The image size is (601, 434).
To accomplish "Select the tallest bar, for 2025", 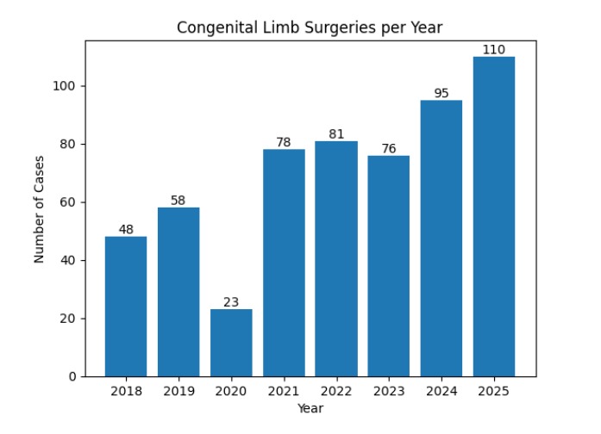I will pyautogui.click(x=494, y=216).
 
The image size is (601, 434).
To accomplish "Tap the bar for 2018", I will pyautogui.click(x=126, y=307).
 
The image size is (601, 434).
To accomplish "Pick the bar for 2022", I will pyautogui.click(x=336, y=258).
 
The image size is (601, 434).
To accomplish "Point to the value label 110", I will pyautogui.click(x=494, y=50).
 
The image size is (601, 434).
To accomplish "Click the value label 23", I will pyautogui.click(x=231, y=302).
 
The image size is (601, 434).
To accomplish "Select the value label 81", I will pyautogui.click(x=336, y=134).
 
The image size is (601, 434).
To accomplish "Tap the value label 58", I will pyautogui.click(x=178, y=201).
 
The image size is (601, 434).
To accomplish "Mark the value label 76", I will pyautogui.click(x=389, y=149).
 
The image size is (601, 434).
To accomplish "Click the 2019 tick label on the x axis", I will pyautogui.click(x=178, y=392).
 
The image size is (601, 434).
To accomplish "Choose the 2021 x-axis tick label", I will pyautogui.click(x=284, y=392).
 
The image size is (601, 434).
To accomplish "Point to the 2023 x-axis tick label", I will pyautogui.click(x=389, y=392).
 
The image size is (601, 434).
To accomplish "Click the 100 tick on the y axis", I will pyautogui.click(x=67, y=86).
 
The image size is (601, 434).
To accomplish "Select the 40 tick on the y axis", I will pyautogui.click(x=71, y=260).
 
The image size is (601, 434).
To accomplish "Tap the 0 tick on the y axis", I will pyautogui.click(x=74, y=376).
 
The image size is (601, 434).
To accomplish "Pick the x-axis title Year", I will pyautogui.click(x=310, y=408).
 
